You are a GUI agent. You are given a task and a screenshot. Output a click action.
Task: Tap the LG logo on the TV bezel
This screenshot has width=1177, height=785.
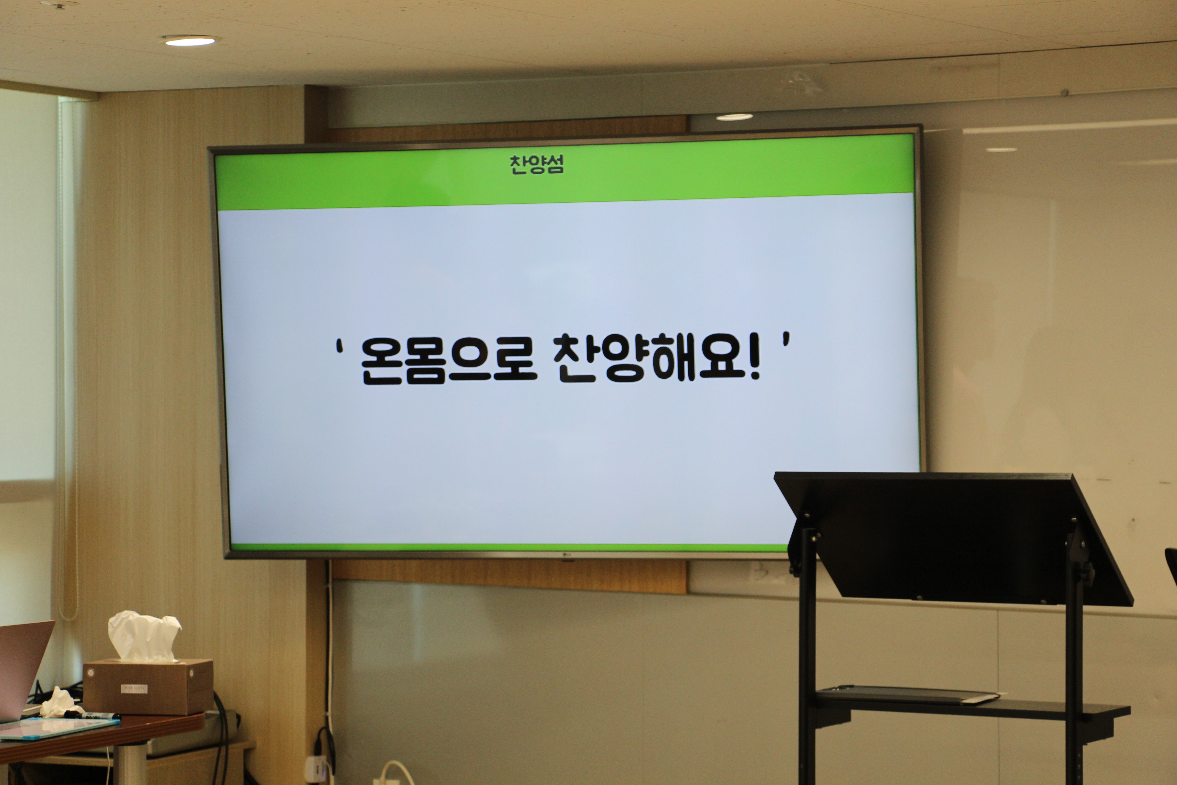click(x=567, y=554)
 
